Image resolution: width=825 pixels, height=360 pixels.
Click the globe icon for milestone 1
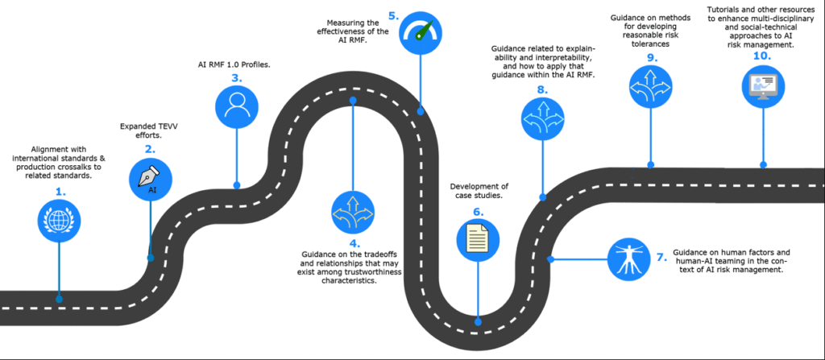(x=59, y=221)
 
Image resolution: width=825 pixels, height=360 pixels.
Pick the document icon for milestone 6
(x=478, y=240)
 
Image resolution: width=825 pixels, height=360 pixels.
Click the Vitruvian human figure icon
(x=628, y=259)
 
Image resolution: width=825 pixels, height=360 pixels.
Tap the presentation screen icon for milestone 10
(x=763, y=87)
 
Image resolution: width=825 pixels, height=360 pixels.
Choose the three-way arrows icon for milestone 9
(x=651, y=87)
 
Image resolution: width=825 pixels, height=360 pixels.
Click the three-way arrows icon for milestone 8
(x=542, y=119)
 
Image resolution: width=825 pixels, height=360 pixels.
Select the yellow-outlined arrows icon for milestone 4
(x=353, y=212)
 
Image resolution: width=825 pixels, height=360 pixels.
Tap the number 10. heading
(x=762, y=56)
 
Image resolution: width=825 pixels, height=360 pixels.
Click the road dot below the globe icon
(x=59, y=299)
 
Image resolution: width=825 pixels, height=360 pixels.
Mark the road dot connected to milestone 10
(x=763, y=165)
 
